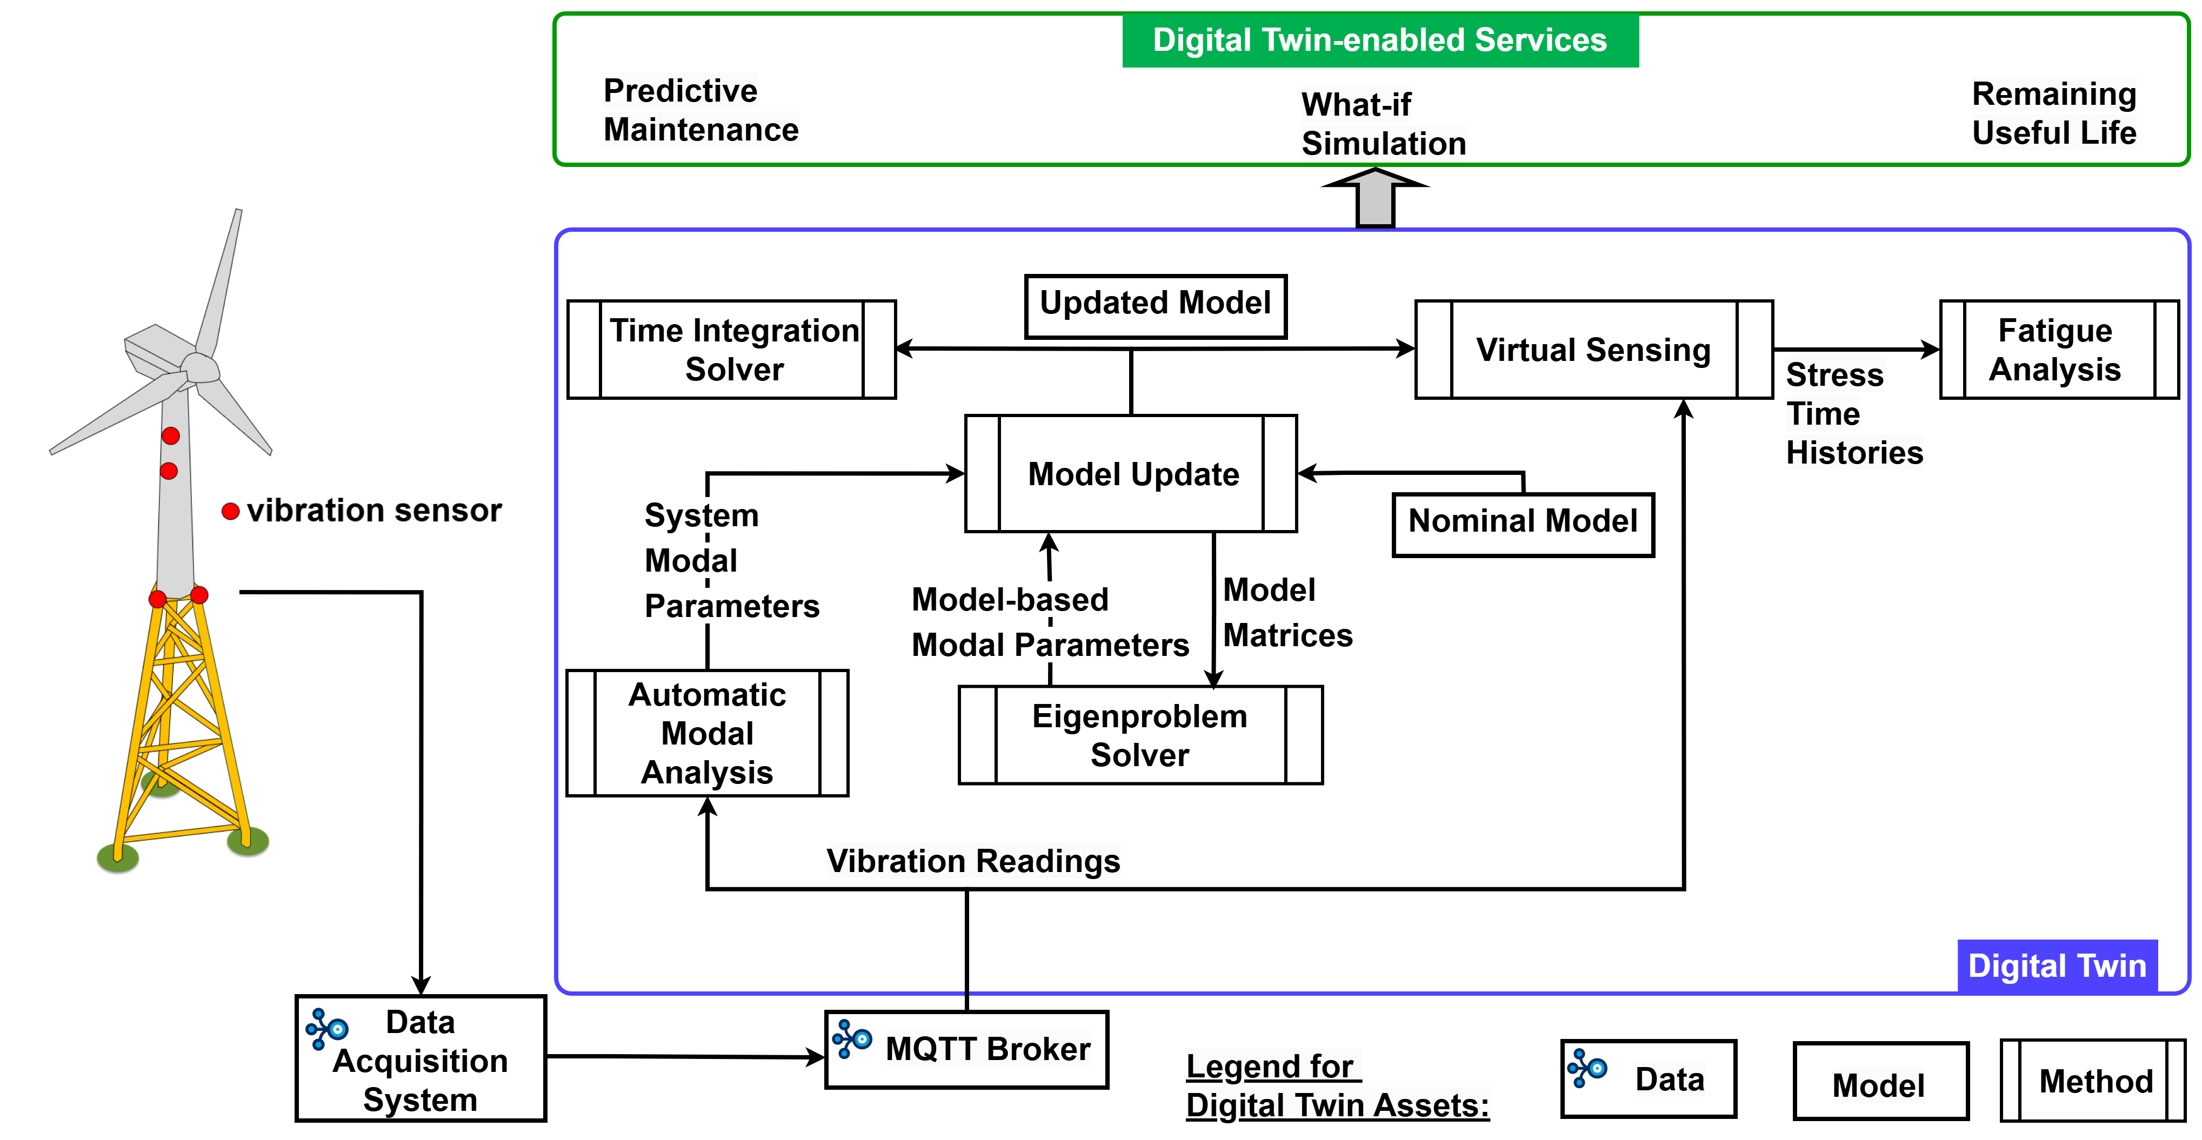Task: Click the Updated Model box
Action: click(1155, 306)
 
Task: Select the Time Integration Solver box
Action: click(732, 350)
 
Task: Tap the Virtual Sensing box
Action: click(1593, 350)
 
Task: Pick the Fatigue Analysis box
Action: click(2058, 350)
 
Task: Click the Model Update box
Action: click(1131, 474)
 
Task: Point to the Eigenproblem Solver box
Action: click(1140, 735)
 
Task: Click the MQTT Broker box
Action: click(967, 1049)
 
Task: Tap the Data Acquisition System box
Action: click(421, 1059)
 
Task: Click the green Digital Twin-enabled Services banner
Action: click(1380, 40)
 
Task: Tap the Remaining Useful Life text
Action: click(2053, 113)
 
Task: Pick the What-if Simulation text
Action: click(1383, 124)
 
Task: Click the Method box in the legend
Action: click(2093, 1081)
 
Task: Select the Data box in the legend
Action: click(1648, 1078)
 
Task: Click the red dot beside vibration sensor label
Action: click(230, 511)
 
